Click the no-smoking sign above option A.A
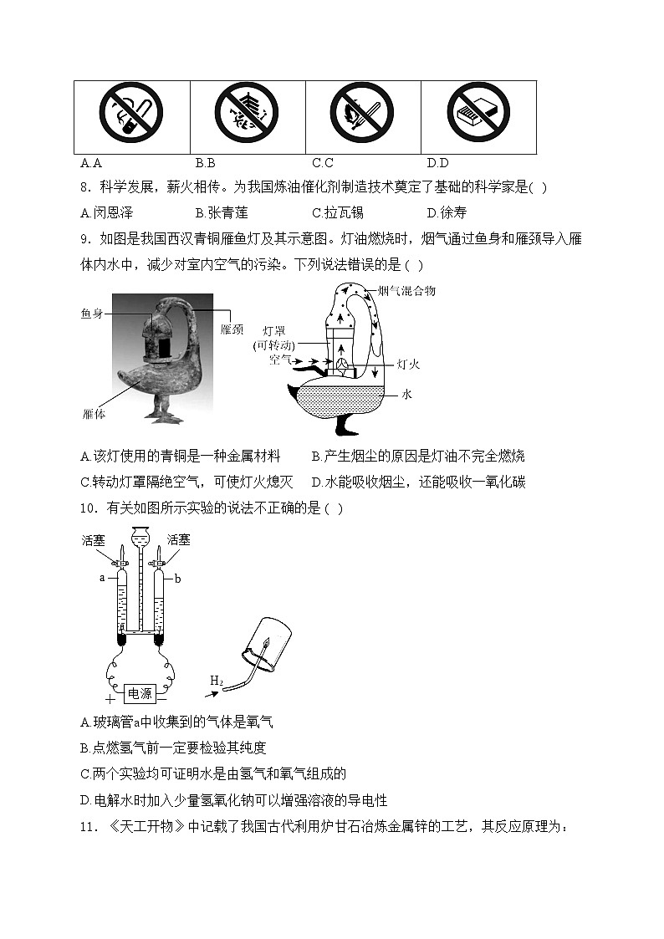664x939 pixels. (x=131, y=113)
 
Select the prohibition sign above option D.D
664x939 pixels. (x=478, y=113)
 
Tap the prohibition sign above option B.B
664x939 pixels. (x=247, y=113)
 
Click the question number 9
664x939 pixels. (x=84, y=239)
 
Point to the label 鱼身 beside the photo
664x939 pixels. (x=92, y=314)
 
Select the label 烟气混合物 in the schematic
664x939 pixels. (x=406, y=291)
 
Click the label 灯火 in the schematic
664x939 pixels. (x=407, y=364)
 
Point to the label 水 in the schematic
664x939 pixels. (x=406, y=393)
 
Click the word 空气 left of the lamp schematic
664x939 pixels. (x=280, y=360)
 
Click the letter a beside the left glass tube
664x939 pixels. (x=102, y=577)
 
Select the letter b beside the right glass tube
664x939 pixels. (x=177, y=577)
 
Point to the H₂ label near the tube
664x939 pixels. (x=217, y=682)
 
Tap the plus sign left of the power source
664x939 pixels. (x=109, y=697)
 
